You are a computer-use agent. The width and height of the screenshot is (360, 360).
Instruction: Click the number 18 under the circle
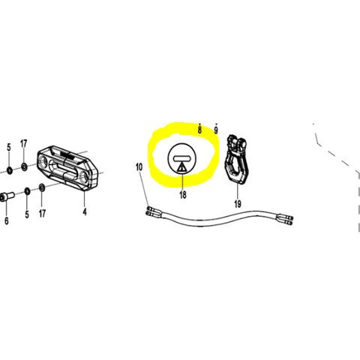[x=183, y=195]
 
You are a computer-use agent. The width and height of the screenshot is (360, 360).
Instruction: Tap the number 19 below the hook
[x=238, y=204]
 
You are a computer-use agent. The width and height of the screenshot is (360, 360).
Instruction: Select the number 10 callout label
[x=139, y=166]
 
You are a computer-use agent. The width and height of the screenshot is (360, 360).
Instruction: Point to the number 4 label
[x=85, y=212]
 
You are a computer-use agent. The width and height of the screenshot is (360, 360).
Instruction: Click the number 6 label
[x=7, y=220]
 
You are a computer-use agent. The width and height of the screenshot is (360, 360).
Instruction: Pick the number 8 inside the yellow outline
[x=199, y=130]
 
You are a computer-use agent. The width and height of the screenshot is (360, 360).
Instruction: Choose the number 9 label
[x=216, y=130]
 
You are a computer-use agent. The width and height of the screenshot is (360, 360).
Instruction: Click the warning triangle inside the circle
[x=181, y=167]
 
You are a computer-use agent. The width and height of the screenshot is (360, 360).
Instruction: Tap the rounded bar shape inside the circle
[x=182, y=158]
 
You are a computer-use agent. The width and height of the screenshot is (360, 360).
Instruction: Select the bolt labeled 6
[x=6, y=197]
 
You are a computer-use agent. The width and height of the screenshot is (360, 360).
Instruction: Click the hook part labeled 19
[x=236, y=159]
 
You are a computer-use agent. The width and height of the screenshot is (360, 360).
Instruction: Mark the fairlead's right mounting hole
[x=85, y=176]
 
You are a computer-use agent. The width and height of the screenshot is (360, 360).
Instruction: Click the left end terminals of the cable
[x=151, y=211]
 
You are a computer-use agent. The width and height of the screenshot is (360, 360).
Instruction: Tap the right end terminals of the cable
[x=286, y=219]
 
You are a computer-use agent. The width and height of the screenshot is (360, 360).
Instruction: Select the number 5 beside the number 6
[x=27, y=214]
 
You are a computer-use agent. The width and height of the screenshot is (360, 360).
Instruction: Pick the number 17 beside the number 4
[x=42, y=213]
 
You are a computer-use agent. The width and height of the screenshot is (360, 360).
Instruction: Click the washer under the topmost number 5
[x=9, y=171]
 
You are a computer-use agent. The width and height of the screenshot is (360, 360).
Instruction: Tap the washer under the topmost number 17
[x=24, y=166]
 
